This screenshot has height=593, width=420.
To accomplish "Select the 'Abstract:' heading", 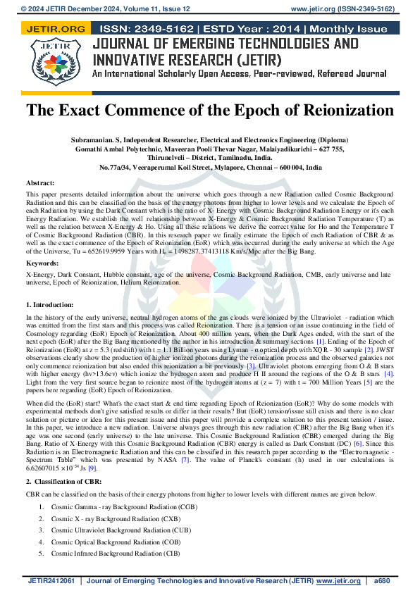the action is coord(44,182).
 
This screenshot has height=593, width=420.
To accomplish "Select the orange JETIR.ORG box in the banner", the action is coord(55,29).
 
